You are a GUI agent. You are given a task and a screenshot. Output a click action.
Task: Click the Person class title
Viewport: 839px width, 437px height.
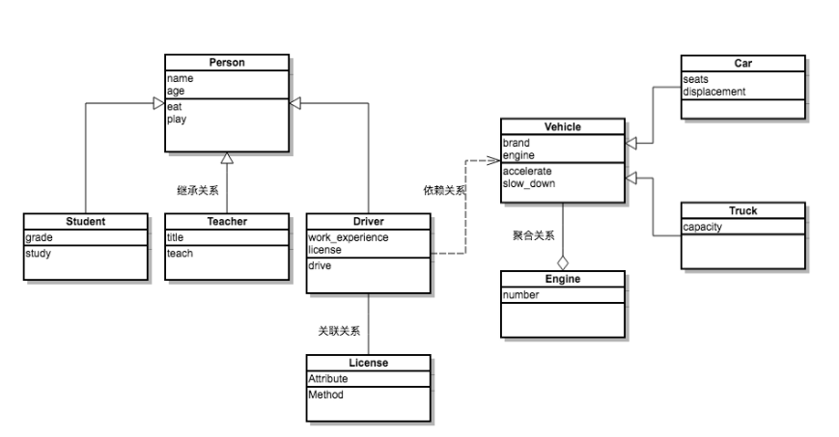click(227, 63)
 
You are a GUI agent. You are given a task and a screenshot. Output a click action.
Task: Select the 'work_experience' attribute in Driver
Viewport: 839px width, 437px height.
click(348, 237)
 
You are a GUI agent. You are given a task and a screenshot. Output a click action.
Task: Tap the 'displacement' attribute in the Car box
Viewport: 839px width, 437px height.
click(713, 92)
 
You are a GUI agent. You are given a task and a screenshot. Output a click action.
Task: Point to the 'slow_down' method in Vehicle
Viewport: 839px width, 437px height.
click(528, 183)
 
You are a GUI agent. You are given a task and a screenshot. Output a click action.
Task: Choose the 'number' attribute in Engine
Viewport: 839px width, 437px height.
click(520, 295)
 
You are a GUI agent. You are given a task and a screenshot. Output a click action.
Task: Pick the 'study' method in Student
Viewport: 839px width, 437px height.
click(39, 254)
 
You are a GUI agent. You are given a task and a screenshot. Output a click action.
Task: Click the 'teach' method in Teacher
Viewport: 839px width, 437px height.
click(180, 254)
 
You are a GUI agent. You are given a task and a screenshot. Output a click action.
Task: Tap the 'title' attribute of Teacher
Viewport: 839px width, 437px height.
click(175, 237)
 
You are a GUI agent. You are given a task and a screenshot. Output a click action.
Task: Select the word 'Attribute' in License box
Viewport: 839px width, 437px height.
click(327, 379)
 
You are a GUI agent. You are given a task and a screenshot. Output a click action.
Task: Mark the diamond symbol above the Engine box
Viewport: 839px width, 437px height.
click(563, 262)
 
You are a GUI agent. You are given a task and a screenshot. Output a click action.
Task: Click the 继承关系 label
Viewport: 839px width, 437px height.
click(197, 191)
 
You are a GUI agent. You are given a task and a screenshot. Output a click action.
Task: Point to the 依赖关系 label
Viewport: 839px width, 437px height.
click(444, 191)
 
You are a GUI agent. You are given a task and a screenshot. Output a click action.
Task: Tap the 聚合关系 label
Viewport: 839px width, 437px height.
click(533, 234)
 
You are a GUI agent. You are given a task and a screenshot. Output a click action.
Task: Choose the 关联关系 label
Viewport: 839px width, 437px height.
click(339, 331)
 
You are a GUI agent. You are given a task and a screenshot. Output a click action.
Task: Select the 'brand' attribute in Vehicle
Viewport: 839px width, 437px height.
click(516, 143)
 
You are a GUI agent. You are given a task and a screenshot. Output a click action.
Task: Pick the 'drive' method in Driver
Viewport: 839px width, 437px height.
click(320, 264)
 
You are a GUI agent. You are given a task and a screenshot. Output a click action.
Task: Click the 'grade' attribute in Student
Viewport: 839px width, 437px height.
click(39, 237)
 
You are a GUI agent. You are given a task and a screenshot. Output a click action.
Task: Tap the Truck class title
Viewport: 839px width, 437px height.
click(742, 210)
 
